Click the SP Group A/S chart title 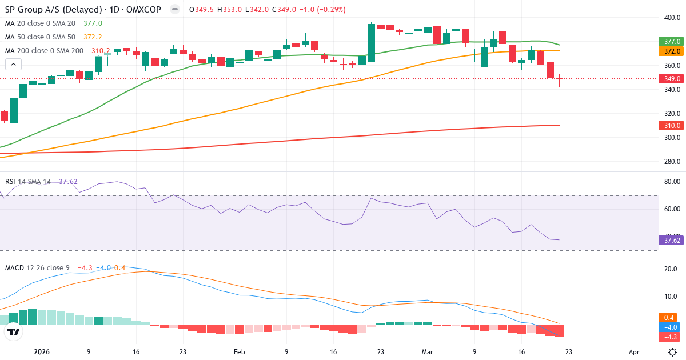click(x=83, y=10)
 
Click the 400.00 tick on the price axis click(x=672, y=18)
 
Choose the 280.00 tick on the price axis click(x=672, y=162)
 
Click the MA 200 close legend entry click(x=45, y=51)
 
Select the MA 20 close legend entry click(x=40, y=23)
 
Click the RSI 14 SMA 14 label click(x=28, y=182)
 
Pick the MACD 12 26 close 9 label click(x=38, y=267)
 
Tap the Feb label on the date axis click(x=239, y=352)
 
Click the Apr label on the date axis click(x=634, y=352)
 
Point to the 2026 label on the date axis click(x=42, y=352)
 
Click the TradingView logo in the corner click(x=14, y=331)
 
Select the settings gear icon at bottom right click(x=673, y=352)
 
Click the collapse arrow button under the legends click(x=13, y=65)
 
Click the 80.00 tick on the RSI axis click(x=672, y=182)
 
